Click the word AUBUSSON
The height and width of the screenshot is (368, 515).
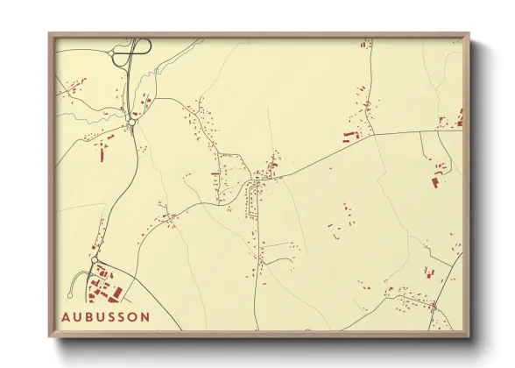(106, 316)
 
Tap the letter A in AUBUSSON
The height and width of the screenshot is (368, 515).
(67, 316)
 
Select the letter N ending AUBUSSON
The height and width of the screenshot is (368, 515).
(145, 316)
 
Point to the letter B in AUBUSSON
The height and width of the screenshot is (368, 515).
(89, 316)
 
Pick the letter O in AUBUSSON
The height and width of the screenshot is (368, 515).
(134, 316)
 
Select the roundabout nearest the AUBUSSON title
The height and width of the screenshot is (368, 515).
(94, 261)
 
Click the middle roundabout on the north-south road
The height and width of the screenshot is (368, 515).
(131, 124)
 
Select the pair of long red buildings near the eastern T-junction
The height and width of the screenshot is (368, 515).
(351, 136)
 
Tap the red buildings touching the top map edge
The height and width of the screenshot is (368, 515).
(365, 42)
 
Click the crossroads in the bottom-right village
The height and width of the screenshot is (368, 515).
(433, 306)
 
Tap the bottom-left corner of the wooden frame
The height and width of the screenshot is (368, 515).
(50, 336)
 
